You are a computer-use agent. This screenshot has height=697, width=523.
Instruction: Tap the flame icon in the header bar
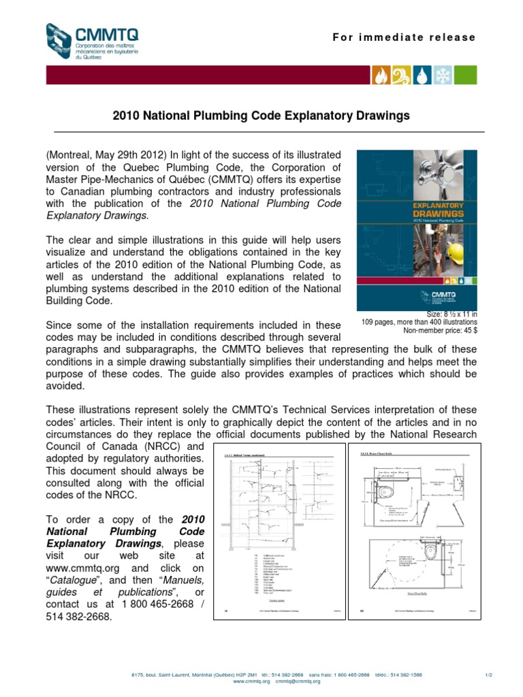click(x=379, y=76)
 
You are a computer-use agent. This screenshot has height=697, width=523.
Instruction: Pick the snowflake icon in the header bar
click(x=443, y=76)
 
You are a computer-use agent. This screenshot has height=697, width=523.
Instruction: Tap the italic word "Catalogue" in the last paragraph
click(x=80, y=581)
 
